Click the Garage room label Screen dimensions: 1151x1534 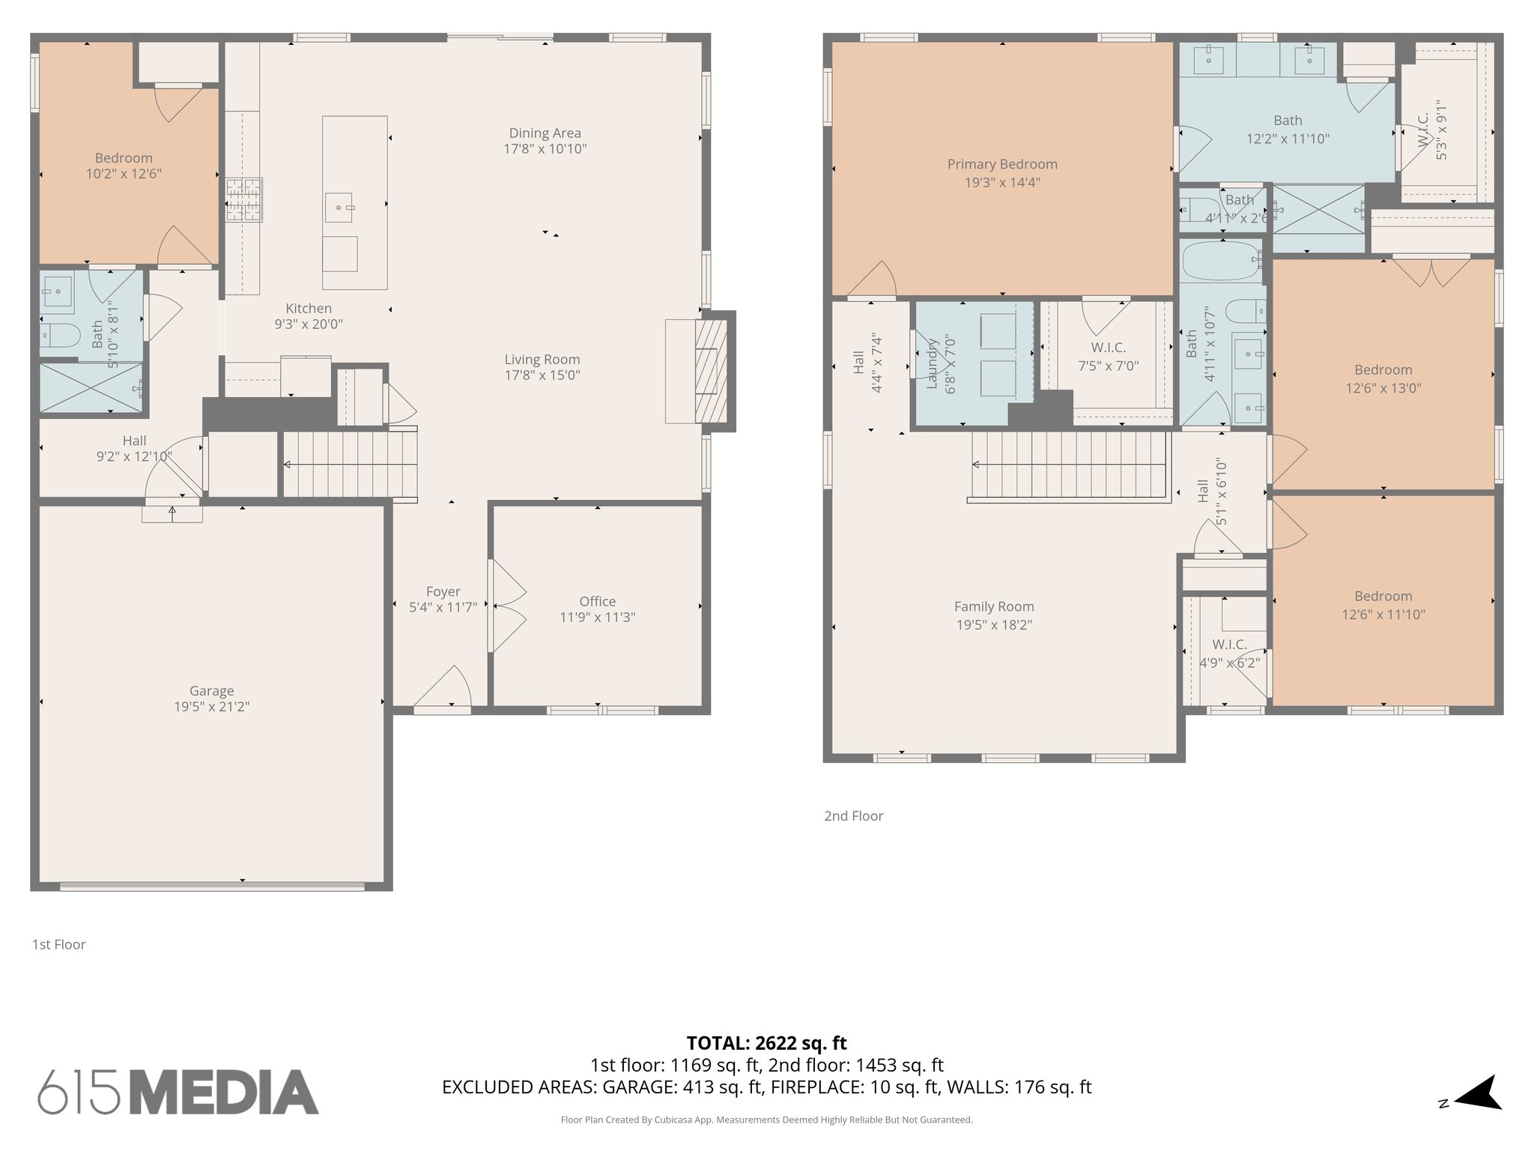point(211,691)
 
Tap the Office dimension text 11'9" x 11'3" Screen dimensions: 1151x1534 point(597,617)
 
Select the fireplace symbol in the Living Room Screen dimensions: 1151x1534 point(711,368)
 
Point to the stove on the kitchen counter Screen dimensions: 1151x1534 point(244,199)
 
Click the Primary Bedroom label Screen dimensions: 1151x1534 point(1002,164)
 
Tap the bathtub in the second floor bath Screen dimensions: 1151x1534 point(1221,261)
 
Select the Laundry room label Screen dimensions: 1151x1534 point(933,365)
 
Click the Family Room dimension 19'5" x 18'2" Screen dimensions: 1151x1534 point(994,625)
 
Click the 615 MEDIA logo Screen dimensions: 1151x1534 point(178,1092)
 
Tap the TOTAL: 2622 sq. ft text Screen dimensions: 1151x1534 point(766,1043)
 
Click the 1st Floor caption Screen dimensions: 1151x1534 point(58,944)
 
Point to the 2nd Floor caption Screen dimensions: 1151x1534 point(853,816)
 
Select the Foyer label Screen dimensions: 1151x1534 point(443,591)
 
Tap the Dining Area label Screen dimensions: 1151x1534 point(545,133)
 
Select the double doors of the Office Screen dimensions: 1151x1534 point(506,605)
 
